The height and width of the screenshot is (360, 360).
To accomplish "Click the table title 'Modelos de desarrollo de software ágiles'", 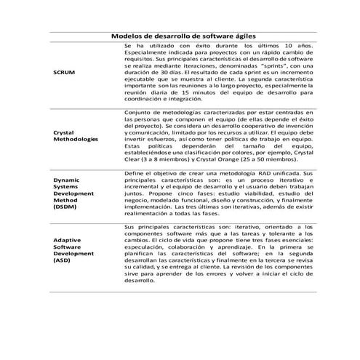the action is coord(183,35).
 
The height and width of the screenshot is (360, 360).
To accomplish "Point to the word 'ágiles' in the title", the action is coord(241,35).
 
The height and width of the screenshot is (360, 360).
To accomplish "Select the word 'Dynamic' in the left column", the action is coord(67,178).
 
